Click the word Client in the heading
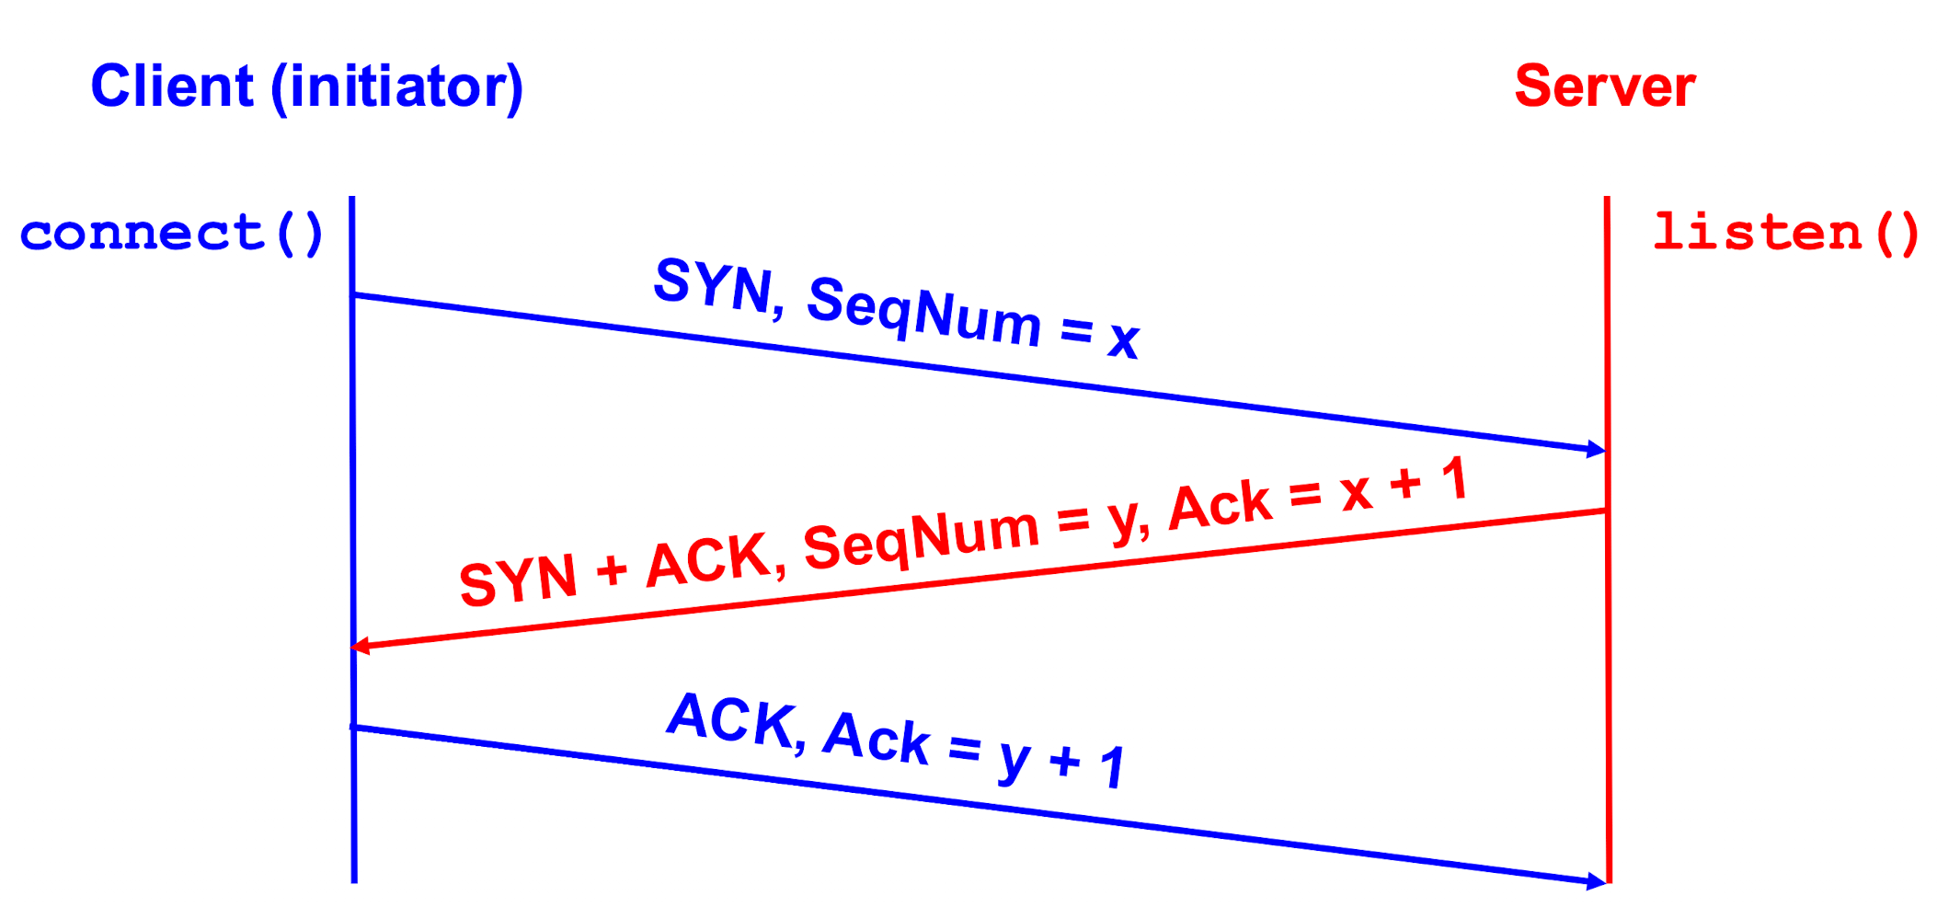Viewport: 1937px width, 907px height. pos(172,86)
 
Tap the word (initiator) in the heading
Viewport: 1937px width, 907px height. pos(397,88)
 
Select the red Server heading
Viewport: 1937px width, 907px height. pos(1604,86)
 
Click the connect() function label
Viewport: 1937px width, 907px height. pos(172,233)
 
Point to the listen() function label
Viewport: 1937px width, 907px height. pos(1785,233)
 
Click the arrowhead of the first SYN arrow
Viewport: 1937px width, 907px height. pos(1598,449)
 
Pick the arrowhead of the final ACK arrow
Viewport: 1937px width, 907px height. pos(1598,881)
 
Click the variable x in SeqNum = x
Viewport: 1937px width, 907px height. pos(1124,340)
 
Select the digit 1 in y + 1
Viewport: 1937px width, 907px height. pos(1113,767)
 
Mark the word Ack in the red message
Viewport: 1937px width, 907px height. pos(1220,506)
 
